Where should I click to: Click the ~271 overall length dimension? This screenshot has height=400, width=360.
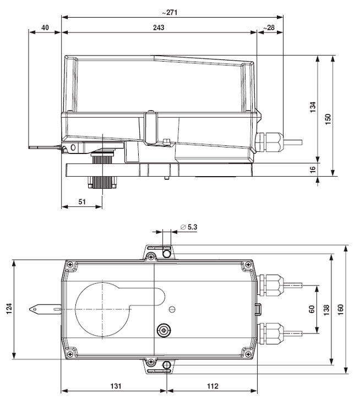(x=170, y=12)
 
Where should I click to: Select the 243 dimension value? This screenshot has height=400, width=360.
(x=159, y=28)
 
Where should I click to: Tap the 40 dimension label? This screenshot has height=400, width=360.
(x=45, y=28)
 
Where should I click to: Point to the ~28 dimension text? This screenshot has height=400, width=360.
(x=269, y=28)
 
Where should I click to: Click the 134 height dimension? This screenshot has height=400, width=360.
(x=313, y=107)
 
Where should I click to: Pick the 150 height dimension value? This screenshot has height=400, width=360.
(x=328, y=119)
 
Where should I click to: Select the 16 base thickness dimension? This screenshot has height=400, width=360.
(x=313, y=169)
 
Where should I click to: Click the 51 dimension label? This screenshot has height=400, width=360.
(x=82, y=202)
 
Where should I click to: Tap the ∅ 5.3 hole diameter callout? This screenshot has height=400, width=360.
(x=189, y=227)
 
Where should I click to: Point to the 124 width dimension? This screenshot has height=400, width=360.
(x=9, y=309)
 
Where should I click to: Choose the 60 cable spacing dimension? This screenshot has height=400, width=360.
(x=312, y=309)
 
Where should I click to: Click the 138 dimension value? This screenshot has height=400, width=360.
(x=326, y=310)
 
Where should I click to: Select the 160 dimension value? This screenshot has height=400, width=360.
(x=341, y=309)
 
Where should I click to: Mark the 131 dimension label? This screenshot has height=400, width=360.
(x=116, y=386)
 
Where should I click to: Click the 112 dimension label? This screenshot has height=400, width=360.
(x=213, y=386)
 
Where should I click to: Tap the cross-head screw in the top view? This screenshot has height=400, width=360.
(x=164, y=331)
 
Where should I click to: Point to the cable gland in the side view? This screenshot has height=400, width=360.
(x=269, y=142)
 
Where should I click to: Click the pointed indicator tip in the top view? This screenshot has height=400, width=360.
(x=30, y=309)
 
